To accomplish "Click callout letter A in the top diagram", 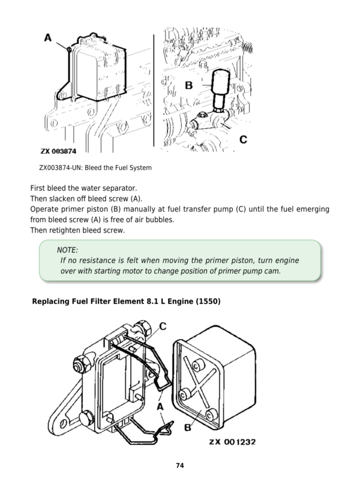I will click(49, 38).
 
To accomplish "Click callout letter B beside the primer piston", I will click(188, 85).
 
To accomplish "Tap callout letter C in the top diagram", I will click(243, 139).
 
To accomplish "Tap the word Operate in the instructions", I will click(46, 209).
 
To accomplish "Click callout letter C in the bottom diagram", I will click(163, 327).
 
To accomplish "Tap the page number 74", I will click(179, 465).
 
